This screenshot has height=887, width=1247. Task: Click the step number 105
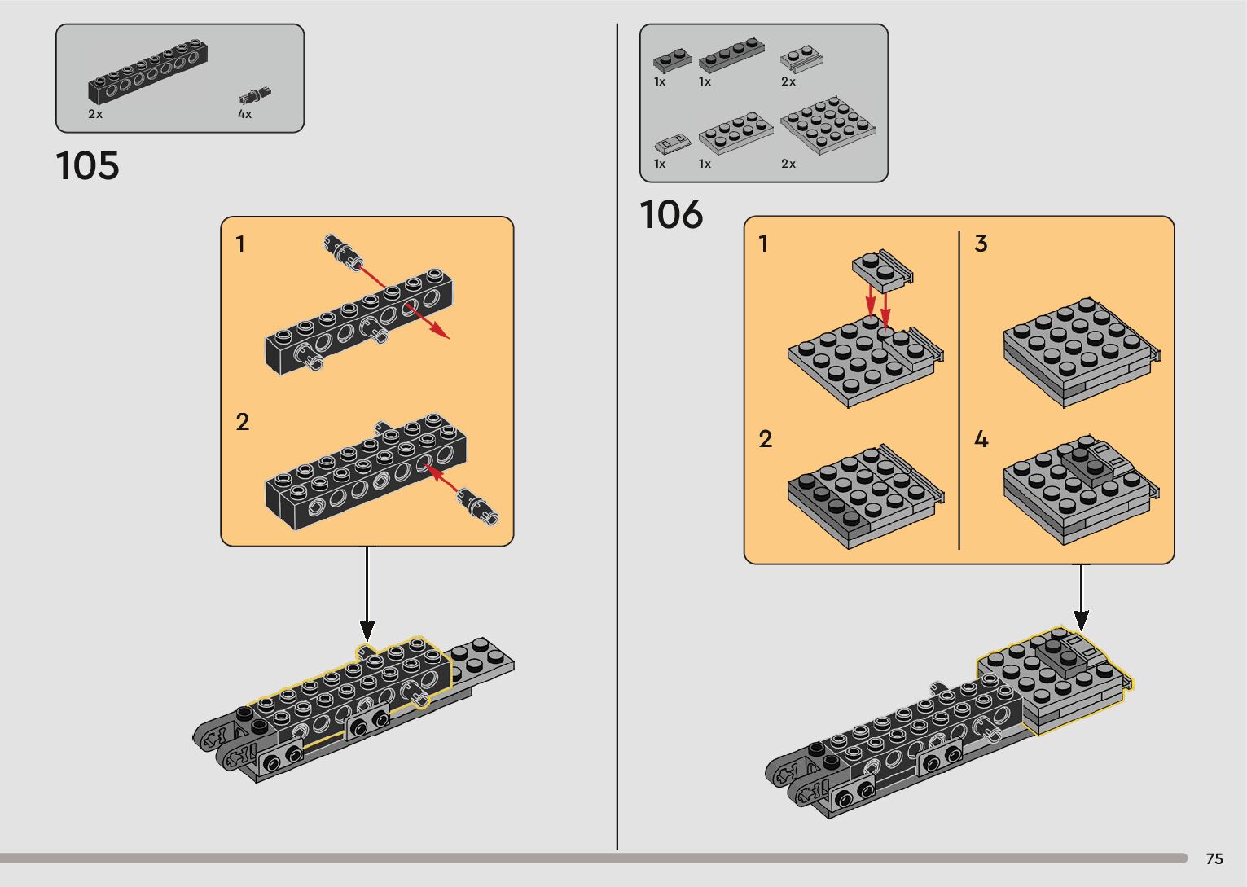point(87,166)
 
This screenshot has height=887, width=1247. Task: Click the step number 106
point(671,216)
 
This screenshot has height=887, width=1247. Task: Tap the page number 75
point(1214,859)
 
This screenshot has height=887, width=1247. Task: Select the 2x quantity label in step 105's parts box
point(95,115)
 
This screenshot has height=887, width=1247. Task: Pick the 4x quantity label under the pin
point(244,115)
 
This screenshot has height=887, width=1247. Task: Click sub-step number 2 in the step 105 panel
point(242,422)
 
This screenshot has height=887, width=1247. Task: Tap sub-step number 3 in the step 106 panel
point(981,244)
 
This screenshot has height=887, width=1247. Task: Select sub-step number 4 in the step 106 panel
point(981,440)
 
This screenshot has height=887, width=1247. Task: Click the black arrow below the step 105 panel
point(367,595)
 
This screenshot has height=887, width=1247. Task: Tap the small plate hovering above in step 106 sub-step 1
point(881,268)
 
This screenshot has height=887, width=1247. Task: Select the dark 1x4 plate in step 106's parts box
point(731,57)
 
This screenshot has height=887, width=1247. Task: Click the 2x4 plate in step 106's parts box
point(735,133)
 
